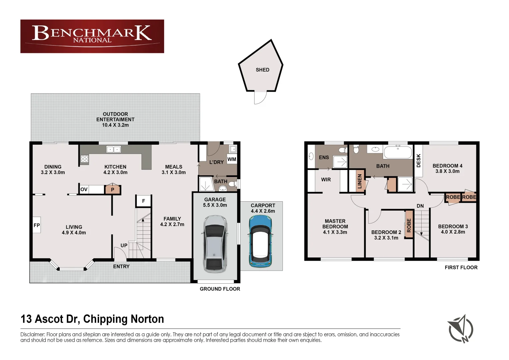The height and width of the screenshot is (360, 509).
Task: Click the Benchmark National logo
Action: (92, 36)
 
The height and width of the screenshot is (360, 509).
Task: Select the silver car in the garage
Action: (215, 243)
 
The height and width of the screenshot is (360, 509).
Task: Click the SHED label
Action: (263, 70)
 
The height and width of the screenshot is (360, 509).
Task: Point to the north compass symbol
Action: (460, 329)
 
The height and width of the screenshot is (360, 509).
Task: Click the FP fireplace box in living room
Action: (37, 225)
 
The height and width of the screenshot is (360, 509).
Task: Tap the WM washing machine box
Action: (232, 159)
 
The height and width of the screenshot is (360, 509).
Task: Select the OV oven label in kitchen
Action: (84, 189)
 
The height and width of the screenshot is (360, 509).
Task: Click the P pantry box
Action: (112, 190)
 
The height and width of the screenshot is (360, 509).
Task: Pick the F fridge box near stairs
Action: (143, 201)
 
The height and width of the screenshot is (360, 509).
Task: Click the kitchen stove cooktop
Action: (85, 159)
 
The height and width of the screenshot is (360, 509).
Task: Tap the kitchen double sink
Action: (113, 149)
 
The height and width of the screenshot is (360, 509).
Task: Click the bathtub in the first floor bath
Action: (398, 152)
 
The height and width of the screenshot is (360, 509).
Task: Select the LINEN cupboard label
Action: (360, 181)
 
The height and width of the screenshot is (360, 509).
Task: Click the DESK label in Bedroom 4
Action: (419, 160)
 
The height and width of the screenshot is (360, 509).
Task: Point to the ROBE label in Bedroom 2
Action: (409, 225)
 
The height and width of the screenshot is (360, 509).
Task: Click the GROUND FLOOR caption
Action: (220, 289)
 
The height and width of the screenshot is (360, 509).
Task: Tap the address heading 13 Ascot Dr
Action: (92, 319)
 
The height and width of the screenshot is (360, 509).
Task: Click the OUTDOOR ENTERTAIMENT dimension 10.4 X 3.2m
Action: (115, 125)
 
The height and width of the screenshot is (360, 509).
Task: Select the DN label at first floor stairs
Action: (420, 206)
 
